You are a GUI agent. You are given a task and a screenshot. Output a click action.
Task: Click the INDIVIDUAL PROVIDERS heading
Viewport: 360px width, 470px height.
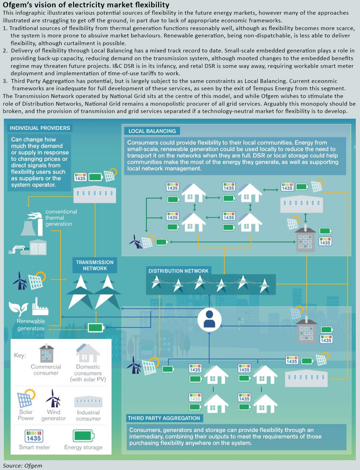[40, 128]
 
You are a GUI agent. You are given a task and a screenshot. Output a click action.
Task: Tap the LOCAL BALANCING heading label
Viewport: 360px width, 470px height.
[152, 131]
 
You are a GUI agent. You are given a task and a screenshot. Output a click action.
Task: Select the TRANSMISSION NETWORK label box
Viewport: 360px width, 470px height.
[95, 265]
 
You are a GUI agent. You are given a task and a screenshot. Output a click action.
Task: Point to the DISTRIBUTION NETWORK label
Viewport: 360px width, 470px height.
[178, 271]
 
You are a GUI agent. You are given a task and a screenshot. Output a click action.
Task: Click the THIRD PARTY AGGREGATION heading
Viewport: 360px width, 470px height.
[164, 418]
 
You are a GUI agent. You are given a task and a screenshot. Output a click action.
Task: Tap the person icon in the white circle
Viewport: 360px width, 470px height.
[209, 319]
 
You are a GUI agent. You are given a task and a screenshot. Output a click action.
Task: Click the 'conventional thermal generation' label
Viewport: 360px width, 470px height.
[61, 218]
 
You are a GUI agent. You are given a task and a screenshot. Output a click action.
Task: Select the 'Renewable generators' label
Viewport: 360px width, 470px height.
[31, 325]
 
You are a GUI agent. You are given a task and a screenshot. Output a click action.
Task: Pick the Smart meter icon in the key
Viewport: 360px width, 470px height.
[34, 436]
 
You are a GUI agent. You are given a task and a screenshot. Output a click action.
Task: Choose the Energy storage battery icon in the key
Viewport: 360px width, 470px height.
[84, 436]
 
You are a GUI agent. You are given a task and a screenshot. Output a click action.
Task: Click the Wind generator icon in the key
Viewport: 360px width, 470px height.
[53, 398]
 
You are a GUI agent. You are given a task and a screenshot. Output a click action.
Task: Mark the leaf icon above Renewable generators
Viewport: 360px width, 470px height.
[19, 308]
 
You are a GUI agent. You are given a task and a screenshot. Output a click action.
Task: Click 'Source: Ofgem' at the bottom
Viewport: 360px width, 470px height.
[22, 465]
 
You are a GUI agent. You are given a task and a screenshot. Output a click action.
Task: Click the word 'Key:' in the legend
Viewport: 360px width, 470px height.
[20, 355]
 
